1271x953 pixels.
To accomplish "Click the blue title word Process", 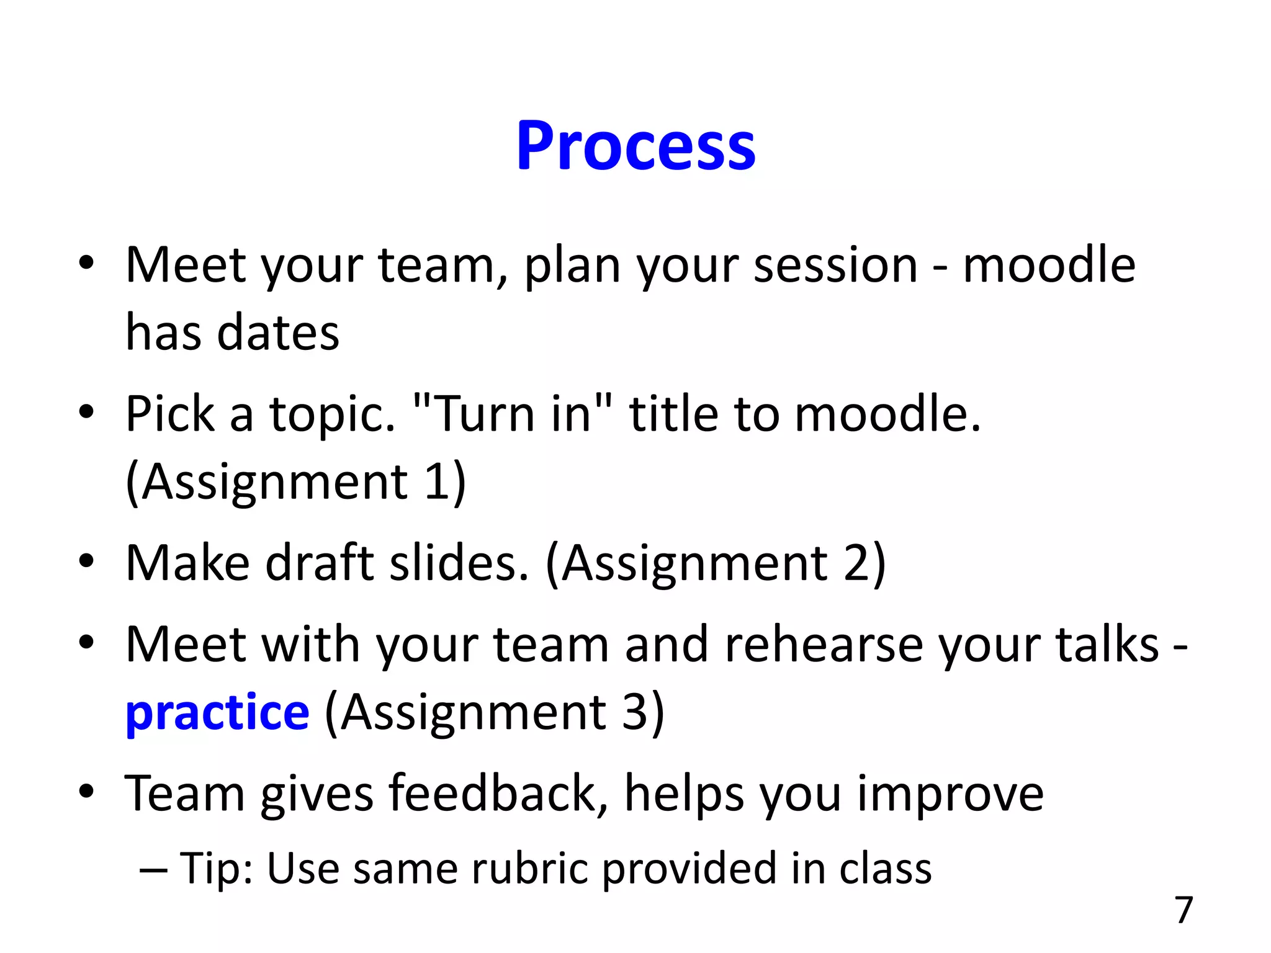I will (x=635, y=146).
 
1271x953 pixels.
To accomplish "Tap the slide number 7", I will (x=1184, y=910).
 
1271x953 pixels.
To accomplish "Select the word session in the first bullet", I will (x=835, y=266).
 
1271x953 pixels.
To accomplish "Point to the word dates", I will (x=278, y=333).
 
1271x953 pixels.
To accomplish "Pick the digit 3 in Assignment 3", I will (x=635, y=712).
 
